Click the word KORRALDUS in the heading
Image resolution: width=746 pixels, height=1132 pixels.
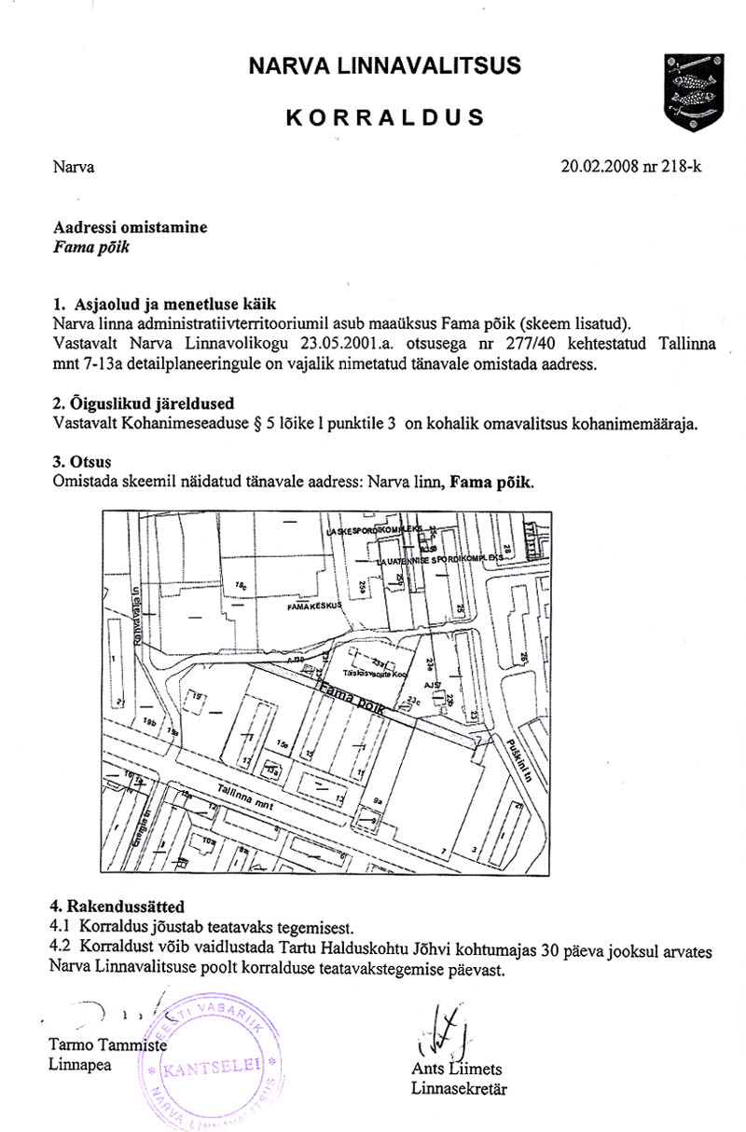pyautogui.click(x=384, y=117)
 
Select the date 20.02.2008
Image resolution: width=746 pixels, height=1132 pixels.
pyautogui.click(x=596, y=168)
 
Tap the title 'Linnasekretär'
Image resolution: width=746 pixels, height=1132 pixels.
pyautogui.click(x=459, y=1088)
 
